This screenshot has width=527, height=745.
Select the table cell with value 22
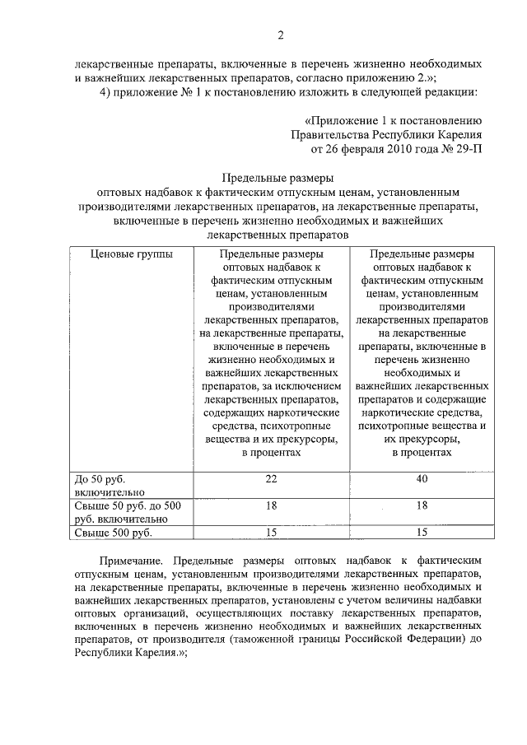271,478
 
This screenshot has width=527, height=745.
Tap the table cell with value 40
422,478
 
